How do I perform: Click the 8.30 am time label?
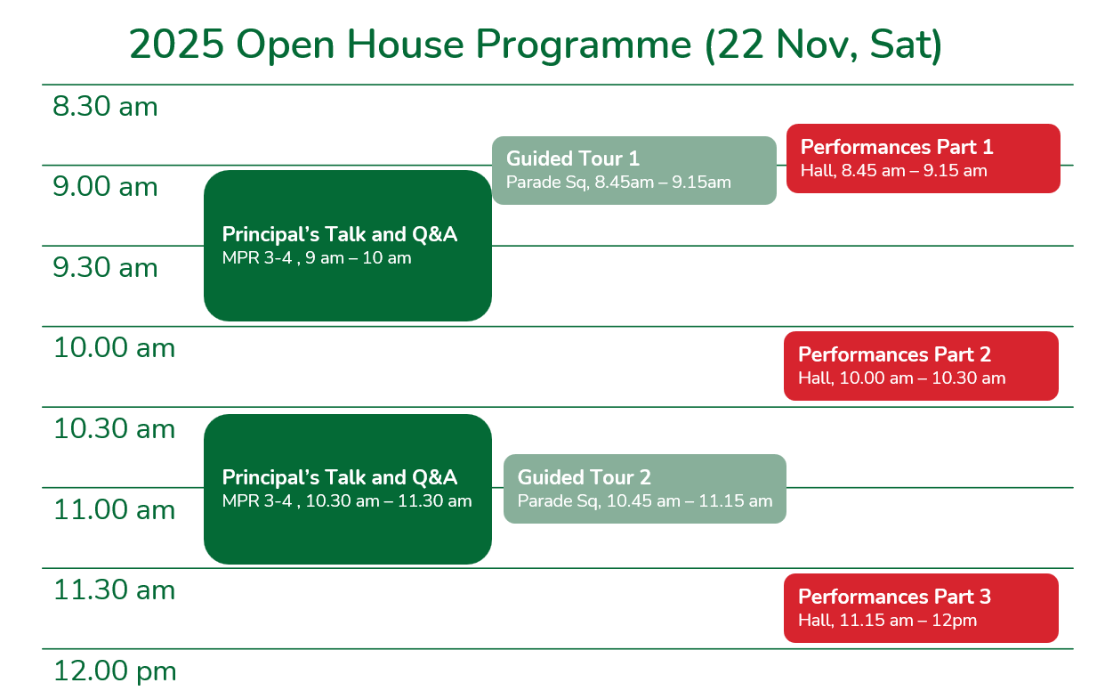105,106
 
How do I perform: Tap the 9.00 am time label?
105,187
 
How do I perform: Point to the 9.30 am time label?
105,267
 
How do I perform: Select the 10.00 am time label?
114,348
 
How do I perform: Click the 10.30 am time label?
114,428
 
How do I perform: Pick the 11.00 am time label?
114,509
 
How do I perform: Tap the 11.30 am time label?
114,589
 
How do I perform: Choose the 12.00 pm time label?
115,671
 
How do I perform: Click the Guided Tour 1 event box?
633,170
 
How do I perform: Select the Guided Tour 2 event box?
645,489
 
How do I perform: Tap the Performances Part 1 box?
923,159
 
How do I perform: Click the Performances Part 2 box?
921,366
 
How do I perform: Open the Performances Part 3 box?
921,608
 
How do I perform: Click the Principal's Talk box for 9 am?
347,246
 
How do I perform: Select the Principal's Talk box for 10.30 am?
347,489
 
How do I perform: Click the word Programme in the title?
584,45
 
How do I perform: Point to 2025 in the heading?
176,45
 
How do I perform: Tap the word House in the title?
405,45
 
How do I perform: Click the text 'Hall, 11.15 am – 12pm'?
887,620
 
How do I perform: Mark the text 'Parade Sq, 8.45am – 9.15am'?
618,183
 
